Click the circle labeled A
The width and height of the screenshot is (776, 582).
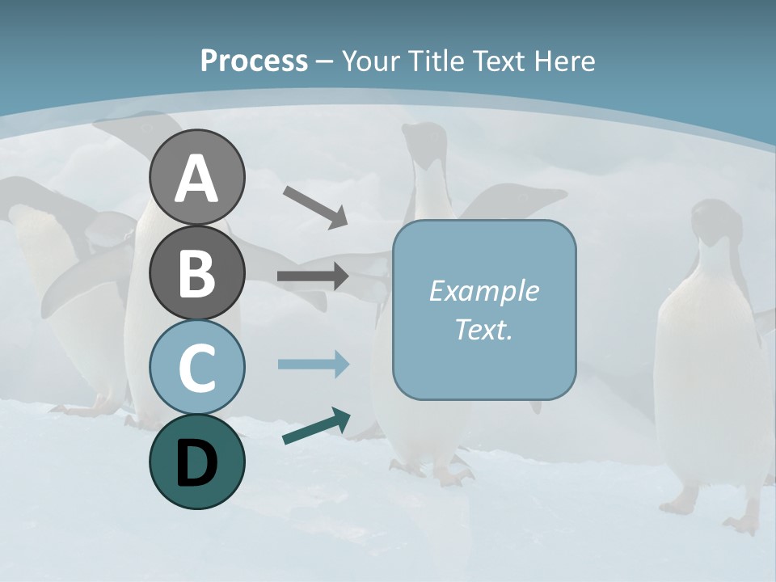tap(196, 177)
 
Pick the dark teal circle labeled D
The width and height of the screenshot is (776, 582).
tap(196, 462)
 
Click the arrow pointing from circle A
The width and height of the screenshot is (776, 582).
tap(315, 207)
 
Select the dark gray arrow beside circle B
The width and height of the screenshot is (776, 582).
tap(313, 276)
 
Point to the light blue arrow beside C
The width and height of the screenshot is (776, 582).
tap(313, 364)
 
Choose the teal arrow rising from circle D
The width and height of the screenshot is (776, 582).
tap(316, 426)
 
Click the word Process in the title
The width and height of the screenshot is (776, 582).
tap(254, 61)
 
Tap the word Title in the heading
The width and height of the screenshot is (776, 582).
tap(429, 61)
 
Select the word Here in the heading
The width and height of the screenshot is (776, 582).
tap(565, 61)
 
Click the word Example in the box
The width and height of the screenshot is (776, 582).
tap(483, 291)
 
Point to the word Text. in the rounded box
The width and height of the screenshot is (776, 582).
tap(483, 330)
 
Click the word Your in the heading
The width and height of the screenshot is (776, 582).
tap(370, 61)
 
